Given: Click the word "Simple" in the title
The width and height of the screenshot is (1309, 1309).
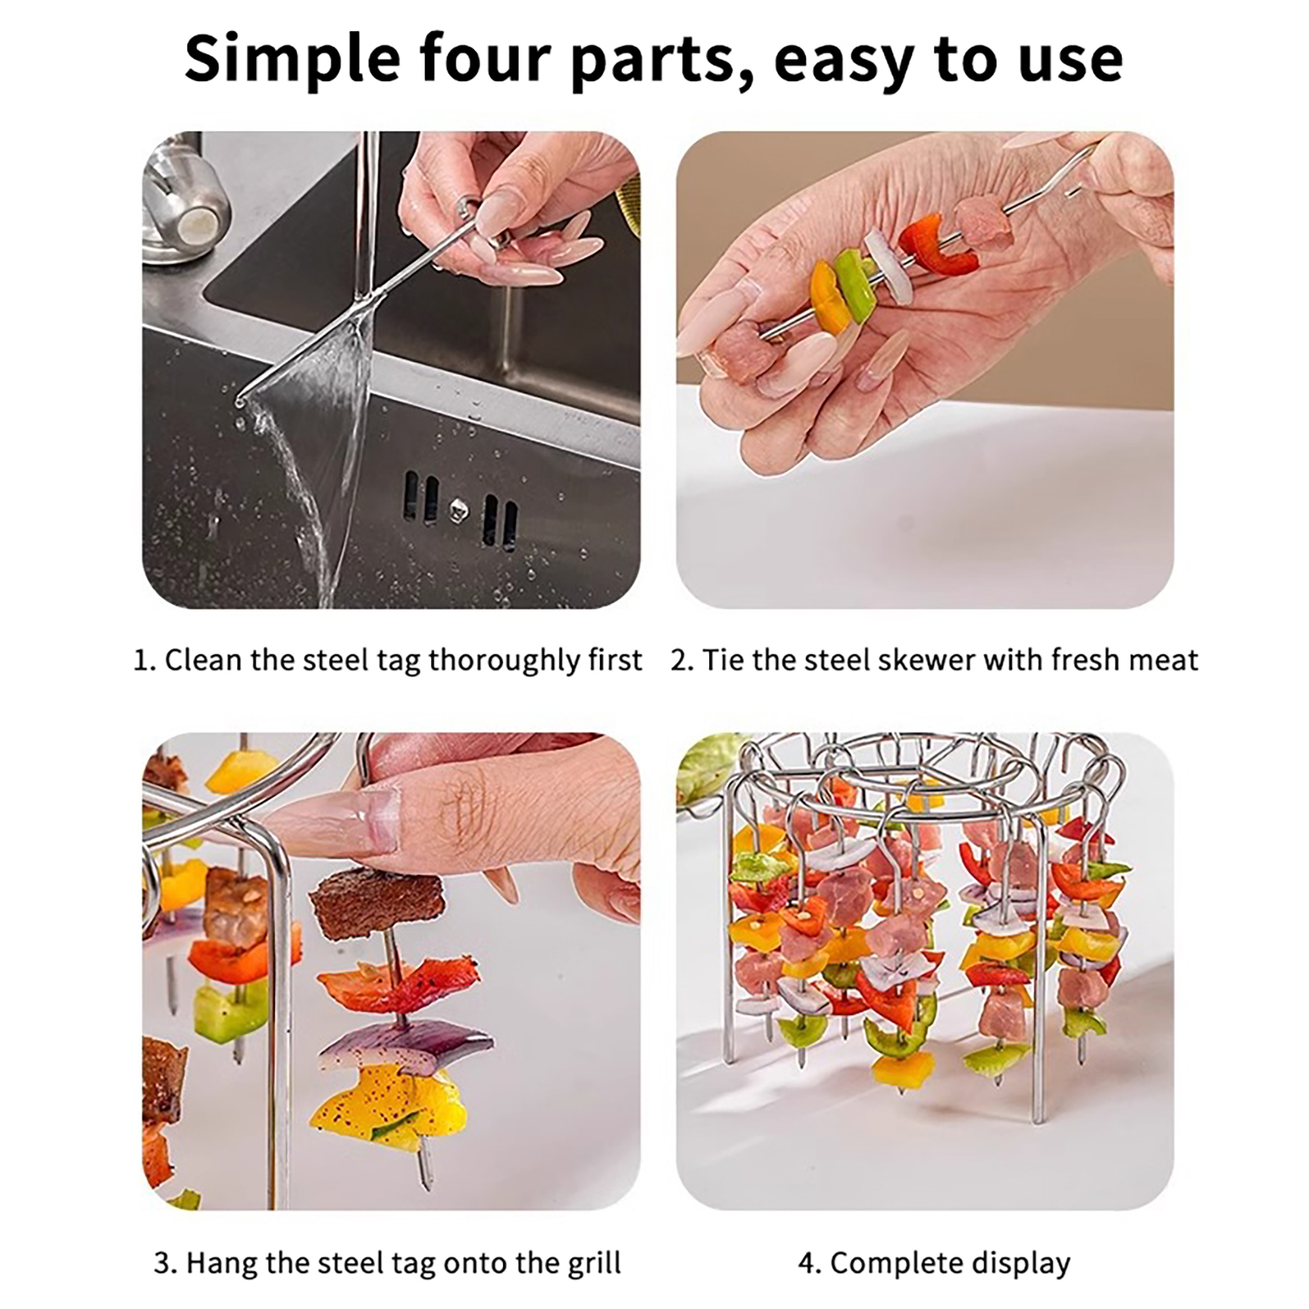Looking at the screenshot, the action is [292, 59].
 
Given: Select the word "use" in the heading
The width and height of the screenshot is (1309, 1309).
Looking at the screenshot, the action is [1072, 64].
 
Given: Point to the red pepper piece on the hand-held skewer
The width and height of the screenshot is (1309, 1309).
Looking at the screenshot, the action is [938, 245].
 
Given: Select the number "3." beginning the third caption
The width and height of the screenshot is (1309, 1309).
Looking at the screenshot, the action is [165, 1264].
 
